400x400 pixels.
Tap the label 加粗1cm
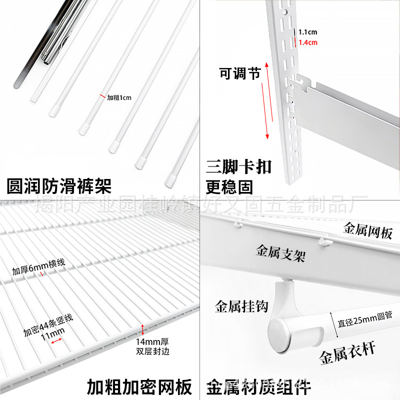119,97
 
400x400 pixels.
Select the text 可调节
240,73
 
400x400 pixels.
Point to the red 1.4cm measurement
307,42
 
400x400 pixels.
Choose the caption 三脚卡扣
238,166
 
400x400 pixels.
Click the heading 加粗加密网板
139,387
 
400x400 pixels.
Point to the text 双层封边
153,351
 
